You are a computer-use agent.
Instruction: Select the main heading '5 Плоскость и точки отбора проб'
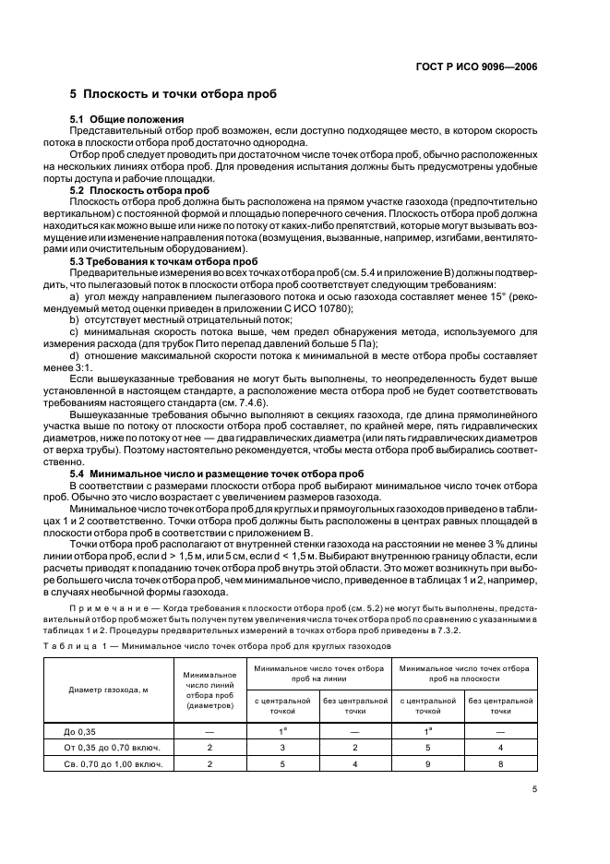pos(173,95)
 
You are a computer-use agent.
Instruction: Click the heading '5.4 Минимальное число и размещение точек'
pos(217,474)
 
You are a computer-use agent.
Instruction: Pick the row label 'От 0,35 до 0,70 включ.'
pos(114,747)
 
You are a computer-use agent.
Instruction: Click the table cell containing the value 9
pos(427,764)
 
